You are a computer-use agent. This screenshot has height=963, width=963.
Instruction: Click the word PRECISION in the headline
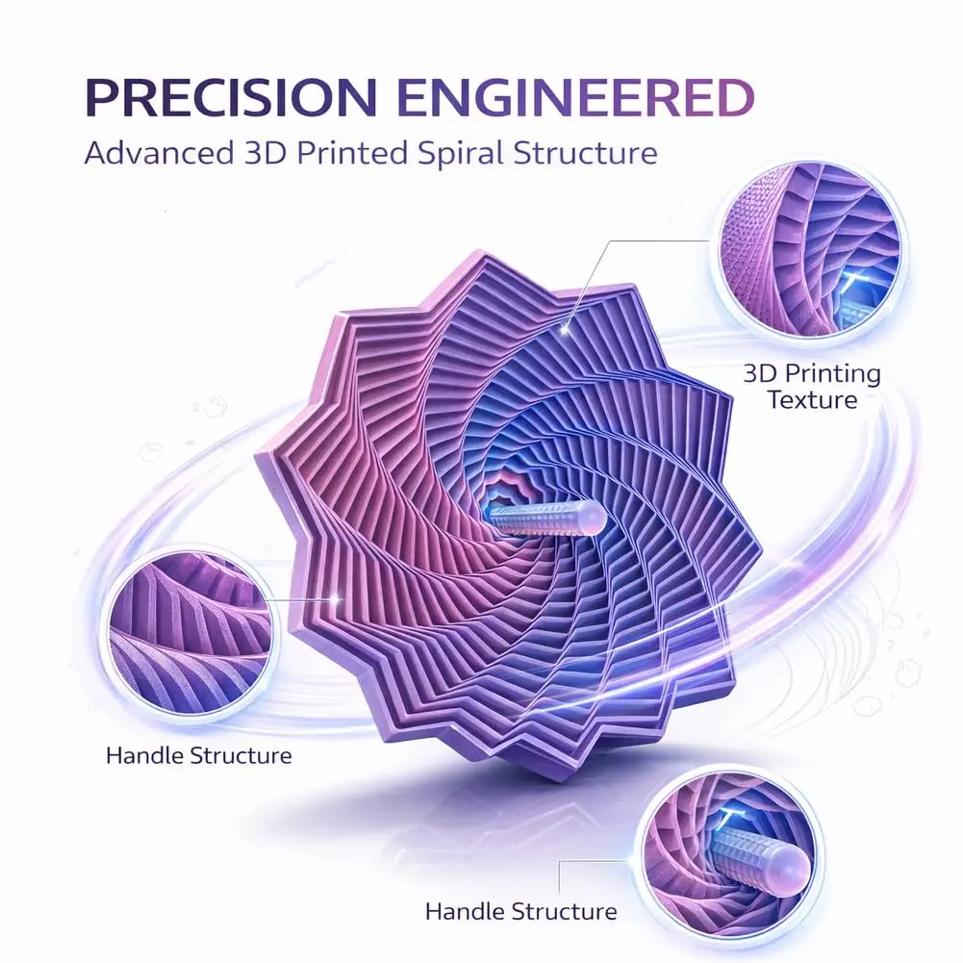[230, 97]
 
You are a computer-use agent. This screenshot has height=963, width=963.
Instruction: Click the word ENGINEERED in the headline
[576, 97]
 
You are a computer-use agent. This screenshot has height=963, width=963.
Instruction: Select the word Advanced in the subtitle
[159, 153]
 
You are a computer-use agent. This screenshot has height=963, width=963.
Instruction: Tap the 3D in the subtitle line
[265, 153]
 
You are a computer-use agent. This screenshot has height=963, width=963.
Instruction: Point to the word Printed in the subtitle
[352, 153]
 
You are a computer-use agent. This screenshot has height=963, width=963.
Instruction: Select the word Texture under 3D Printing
[812, 400]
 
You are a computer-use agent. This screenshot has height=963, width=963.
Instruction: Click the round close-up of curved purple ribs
[191, 633]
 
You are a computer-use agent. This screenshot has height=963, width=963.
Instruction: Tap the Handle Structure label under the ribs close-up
[198, 755]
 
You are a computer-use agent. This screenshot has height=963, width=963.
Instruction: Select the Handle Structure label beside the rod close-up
[520, 911]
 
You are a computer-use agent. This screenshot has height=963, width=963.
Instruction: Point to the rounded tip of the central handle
[593, 516]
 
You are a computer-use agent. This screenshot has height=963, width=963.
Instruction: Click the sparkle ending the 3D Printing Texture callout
[565, 330]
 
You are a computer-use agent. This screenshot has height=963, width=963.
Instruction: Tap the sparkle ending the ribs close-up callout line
[336, 597]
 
